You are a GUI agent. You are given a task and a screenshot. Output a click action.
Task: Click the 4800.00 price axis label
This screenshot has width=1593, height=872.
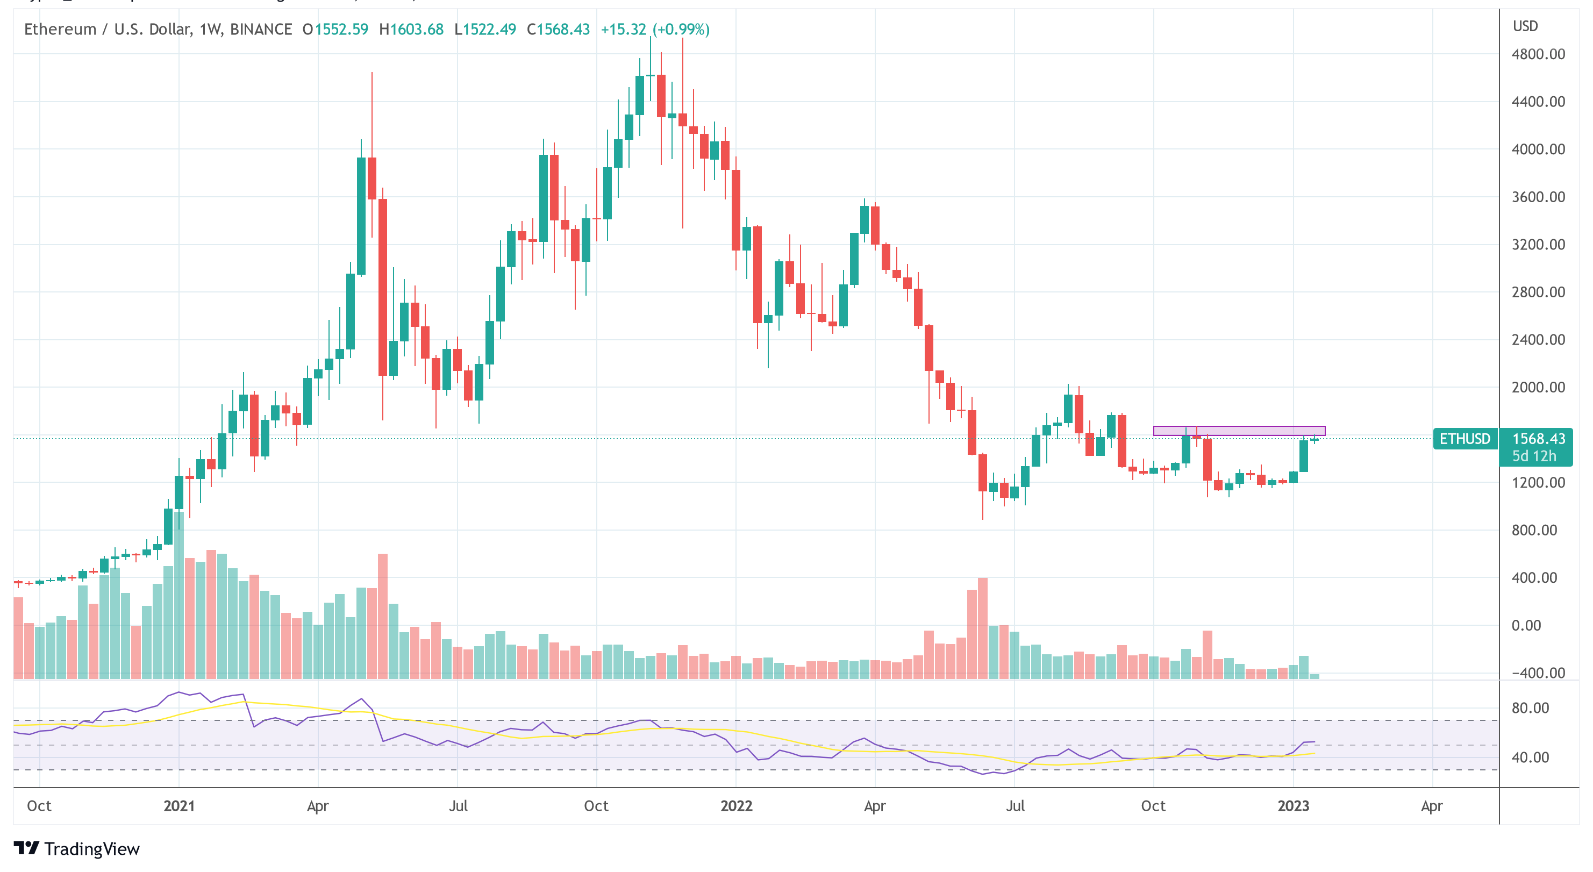pos(1538,54)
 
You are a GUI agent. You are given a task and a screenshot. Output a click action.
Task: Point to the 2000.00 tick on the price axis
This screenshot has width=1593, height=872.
pos(1538,387)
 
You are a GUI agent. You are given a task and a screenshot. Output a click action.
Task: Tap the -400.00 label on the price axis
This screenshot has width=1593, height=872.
pos(1538,673)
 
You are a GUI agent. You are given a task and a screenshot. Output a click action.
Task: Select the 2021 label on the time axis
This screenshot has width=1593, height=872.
pos(178,806)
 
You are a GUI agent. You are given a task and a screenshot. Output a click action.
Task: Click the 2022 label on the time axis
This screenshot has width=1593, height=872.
pos(736,806)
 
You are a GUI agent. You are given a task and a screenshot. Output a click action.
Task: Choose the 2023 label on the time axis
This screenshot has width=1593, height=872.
pos(1293,806)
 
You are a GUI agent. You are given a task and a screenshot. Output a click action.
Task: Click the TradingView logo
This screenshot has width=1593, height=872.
pos(77,848)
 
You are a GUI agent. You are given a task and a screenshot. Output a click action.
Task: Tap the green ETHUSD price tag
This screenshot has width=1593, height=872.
pos(1465,439)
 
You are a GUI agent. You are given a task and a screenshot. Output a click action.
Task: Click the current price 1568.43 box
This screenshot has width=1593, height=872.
pos(1538,439)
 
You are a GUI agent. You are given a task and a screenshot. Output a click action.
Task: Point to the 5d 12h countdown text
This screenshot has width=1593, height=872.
pos(1534,456)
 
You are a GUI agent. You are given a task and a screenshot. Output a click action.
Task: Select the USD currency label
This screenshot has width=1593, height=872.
pos(1525,26)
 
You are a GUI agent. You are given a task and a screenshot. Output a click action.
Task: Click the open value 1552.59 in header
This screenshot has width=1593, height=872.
pos(341,29)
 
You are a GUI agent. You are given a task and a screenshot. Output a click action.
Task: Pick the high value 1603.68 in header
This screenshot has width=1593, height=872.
pos(417,29)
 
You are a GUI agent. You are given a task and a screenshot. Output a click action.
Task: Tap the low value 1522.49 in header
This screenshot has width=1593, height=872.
pos(489,29)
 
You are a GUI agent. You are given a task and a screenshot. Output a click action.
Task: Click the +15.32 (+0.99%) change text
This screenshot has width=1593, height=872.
pos(655,29)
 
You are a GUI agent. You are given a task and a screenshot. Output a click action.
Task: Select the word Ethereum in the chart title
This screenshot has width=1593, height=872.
pos(60,29)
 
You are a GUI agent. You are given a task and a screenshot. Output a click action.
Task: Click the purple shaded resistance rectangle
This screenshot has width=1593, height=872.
pos(1239,431)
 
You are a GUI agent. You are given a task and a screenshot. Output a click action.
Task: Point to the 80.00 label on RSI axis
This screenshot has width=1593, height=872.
pos(1530,707)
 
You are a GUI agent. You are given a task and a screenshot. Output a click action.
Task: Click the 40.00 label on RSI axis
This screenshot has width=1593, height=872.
pos(1530,757)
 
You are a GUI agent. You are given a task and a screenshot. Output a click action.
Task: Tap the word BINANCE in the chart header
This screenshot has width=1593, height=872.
pos(261,29)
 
